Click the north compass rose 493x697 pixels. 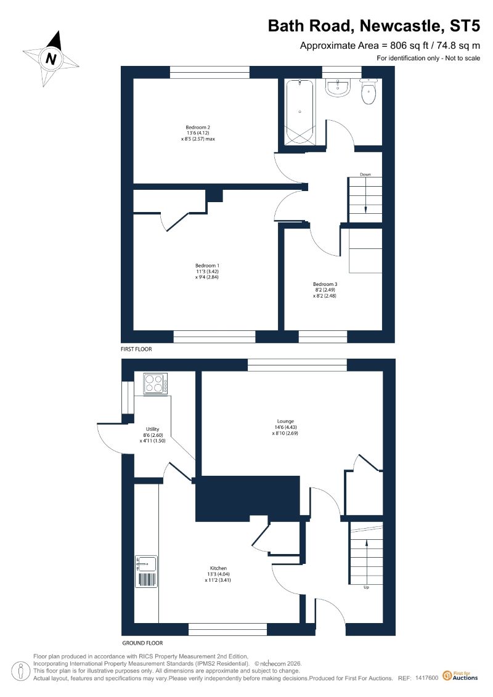(51, 59)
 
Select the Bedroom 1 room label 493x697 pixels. (203, 266)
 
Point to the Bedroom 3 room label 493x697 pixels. (325, 284)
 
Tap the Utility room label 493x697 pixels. (153, 429)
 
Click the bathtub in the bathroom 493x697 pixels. (299, 112)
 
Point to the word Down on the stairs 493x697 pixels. (365, 174)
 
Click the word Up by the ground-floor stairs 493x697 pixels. (366, 587)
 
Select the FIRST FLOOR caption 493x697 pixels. (136, 349)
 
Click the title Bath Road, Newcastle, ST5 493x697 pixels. (373, 26)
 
